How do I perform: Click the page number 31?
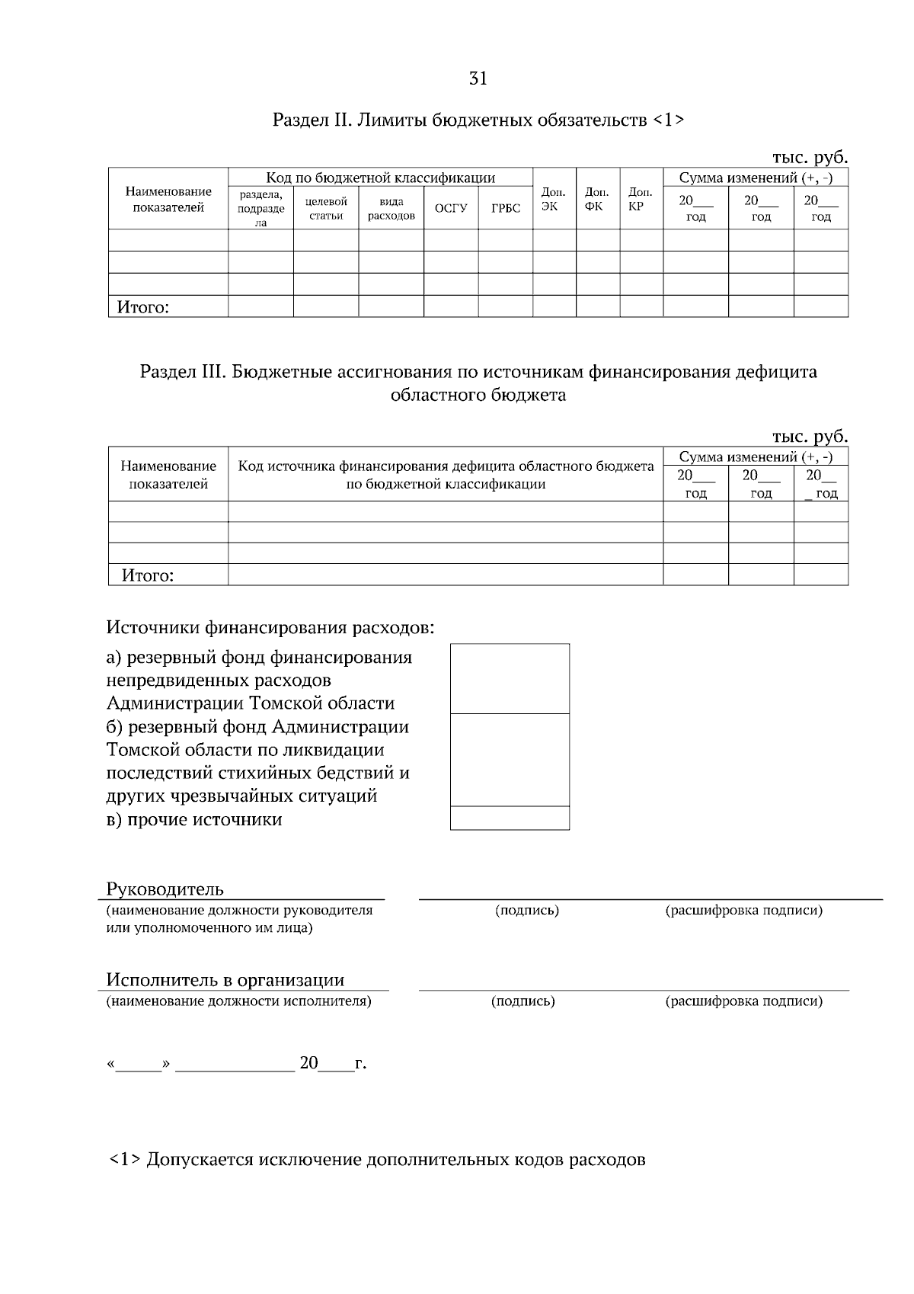pyautogui.click(x=478, y=78)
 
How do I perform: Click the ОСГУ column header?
pyautogui.click(x=451, y=208)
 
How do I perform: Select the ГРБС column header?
pyautogui.click(x=506, y=208)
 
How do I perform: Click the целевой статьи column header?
pyautogui.click(x=326, y=208)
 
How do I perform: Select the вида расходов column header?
pyautogui.click(x=391, y=208)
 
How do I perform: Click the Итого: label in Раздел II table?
pyautogui.click(x=142, y=307)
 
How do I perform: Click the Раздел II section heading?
pyautogui.click(x=478, y=120)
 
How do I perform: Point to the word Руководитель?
pyautogui.click(x=165, y=889)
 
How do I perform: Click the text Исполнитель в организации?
pyautogui.click(x=225, y=980)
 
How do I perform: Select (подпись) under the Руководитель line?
pyautogui.click(x=527, y=910)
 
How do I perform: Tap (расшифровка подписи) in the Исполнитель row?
pyautogui.click(x=743, y=1001)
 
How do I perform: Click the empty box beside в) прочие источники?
pyautogui.click(x=510, y=818)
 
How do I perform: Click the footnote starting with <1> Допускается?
pyautogui.click(x=377, y=1160)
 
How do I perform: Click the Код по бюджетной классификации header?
pyautogui.click(x=380, y=178)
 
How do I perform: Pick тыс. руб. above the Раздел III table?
pyautogui.click(x=810, y=437)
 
